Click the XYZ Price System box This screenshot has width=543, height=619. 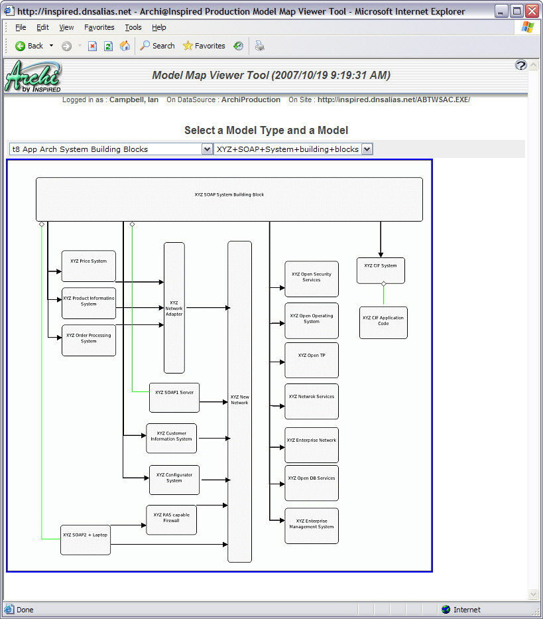pyautogui.click(x=88, y=266)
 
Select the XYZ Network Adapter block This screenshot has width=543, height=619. pyautogui.click(x=174, y=308)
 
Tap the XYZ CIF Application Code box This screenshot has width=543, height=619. pyautogui.click(x=383, y=322)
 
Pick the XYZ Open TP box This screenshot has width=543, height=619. pyautogui.click(x=312, y=360)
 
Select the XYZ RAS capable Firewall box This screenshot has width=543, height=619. pyautogui.click(x=171, y=519)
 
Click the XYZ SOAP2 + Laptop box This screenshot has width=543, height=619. pyautogui.click(x=85, y=539)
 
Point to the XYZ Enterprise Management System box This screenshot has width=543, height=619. pyautogui.click(x=312, y=526)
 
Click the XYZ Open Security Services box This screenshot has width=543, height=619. pyautogui.click(x=312, y=279)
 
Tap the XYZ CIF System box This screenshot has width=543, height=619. pyautogui.click(x=381, y=270)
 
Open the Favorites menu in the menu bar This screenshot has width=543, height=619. pyautogui.click(x=99, y=27)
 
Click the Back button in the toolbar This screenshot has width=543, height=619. pyautogui.click(x=29, y=46)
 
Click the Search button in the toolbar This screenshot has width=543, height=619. pyautogui.click(x=157, y=46)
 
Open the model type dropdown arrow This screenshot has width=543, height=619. pyautogui.click(x=207, y=149)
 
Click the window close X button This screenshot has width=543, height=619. pyautogui.click(x=532, y=11)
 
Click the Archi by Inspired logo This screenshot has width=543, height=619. pyautogui.click(x=33, y=77)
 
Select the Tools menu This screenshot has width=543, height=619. pyautogui.click(x=133, y=27)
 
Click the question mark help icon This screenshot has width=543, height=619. pyautogui.click(x=520, y=64)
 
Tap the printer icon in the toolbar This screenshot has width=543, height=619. pyautogui.click(x=260, y=46)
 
